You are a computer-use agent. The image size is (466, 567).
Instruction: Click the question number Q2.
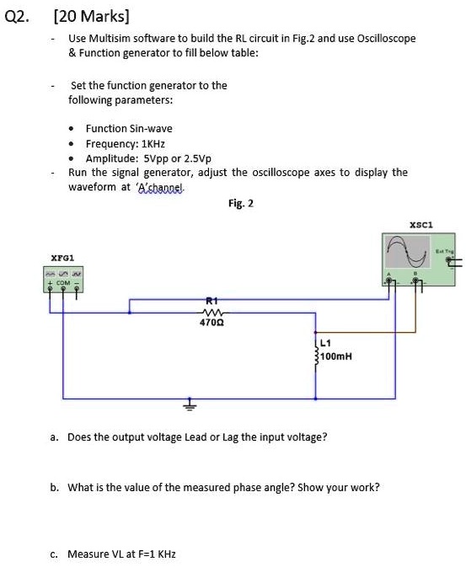[x=17, y=15]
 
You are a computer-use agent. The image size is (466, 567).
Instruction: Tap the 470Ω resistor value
[x=211, y=321]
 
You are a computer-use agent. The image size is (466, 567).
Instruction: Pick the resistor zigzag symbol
[x=211, y=310]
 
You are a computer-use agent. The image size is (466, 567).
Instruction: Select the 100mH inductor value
[x=337, y=356]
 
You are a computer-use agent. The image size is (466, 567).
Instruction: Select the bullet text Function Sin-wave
[x=122, y=129]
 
